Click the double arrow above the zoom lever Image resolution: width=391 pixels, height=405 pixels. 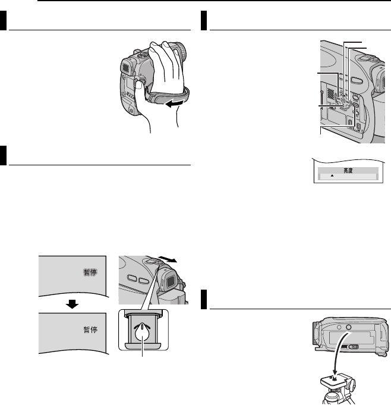tap(175, 261)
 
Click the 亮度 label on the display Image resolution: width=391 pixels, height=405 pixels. tap(345, 169)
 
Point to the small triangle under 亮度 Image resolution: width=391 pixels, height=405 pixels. tap(332, 177)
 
